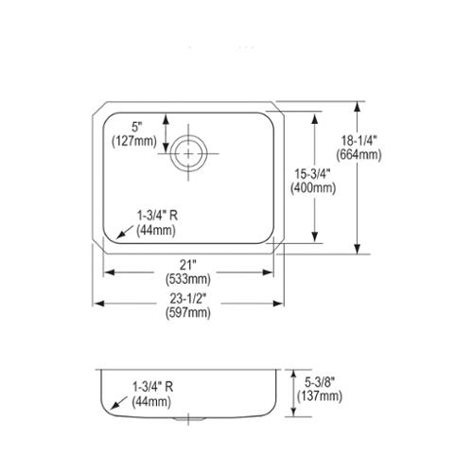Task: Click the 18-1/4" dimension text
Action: tap(359, 140)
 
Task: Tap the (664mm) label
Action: tap(359, 155)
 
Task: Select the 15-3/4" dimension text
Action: tap(312, 174)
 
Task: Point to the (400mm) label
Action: tap(313, 188)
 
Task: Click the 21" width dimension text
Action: tap(188, 265)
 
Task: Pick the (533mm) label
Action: tap(188, 279)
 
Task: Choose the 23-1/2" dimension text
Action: tap(188, 298)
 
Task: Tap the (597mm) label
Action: tap(188, 313)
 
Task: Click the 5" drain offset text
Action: tap(135, 127)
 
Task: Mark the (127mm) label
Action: tap(134, 141)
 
